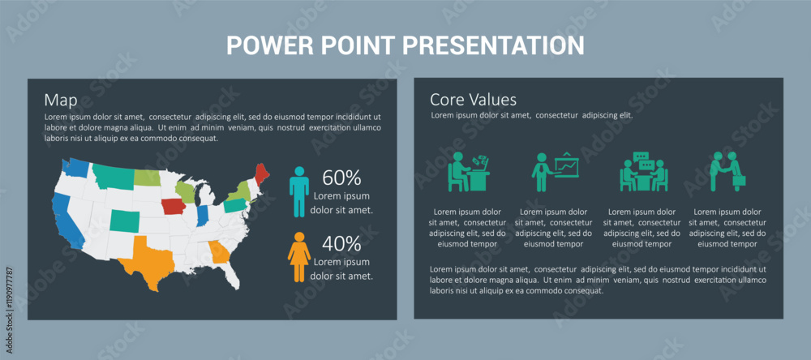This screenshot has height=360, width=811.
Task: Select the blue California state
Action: click(x=67, y=220)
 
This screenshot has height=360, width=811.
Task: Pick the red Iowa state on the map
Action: click(x=174, y=207)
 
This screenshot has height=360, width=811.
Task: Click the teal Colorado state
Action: click(x=124, y=221)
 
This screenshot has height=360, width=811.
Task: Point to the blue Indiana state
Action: click(x=202, y=216)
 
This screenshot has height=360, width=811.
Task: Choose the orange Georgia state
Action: click(x=220, y=252)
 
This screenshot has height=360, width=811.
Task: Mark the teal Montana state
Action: click(x=112, y=177)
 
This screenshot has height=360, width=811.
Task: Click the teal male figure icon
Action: click(x=299, y=191)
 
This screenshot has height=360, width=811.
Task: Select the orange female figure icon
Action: click(x=299, y=257)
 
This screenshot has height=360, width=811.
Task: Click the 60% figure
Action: click(x=341, y=178)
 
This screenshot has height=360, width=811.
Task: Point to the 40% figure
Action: click(x=341, y=243)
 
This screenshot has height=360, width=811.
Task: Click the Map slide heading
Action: click(x=61, y=101)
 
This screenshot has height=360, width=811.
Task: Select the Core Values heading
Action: click(x=474, y=99)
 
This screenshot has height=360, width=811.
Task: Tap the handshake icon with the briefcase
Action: click(x=727, y=171)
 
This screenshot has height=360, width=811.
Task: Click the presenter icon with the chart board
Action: click(x=555, y=172)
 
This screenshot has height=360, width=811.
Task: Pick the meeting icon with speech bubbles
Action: click(x=644, y=172)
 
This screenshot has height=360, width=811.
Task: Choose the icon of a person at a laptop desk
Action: click(x=469, y=172)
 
